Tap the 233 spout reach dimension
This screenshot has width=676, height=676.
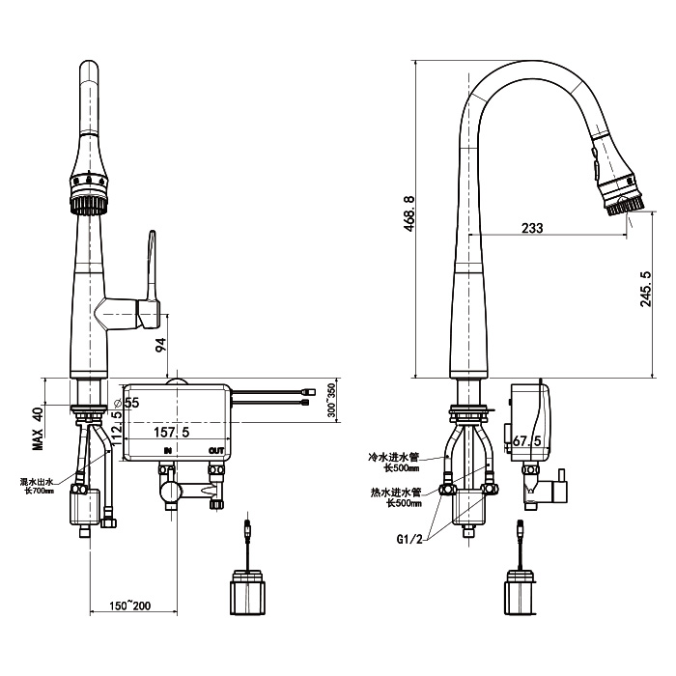[x=531, y=228]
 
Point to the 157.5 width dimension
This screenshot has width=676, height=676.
[x=173, y=431]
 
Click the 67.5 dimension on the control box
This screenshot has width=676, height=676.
[x=526, y=440]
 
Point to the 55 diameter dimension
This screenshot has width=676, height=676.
[x=130, y=402]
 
